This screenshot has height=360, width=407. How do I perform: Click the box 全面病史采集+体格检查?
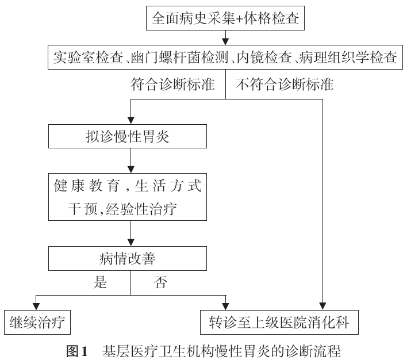[225, 18]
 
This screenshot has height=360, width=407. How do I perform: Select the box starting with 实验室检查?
[225, 57]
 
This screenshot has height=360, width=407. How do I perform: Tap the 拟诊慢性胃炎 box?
[128, 136]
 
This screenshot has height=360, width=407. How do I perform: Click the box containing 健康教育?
[128, 197]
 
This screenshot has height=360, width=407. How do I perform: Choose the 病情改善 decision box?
[128, 258]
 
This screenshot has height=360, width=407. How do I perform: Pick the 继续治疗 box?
[37, 322]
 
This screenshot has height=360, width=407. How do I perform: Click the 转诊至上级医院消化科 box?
[279, 322]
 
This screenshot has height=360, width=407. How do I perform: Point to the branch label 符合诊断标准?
[172, 84]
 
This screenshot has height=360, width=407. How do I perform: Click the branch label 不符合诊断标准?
[285, 84]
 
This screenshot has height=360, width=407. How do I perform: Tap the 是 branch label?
[100, 282]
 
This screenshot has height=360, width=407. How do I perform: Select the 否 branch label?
[160, 282]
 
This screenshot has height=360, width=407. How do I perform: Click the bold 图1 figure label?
[77, 351]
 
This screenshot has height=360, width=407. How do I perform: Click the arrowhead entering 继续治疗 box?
[36, 307]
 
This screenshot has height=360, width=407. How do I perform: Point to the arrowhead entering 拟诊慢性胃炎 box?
[131, 121]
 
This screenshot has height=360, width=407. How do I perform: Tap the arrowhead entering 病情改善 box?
[131, 243]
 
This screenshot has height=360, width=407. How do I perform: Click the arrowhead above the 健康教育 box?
[131, 170]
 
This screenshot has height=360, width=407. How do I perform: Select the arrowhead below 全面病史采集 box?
[225, 41]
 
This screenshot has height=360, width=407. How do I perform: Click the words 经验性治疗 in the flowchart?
[141, 209]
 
